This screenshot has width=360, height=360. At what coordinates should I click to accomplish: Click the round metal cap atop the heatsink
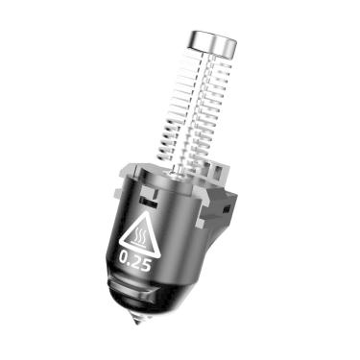coord(213,43)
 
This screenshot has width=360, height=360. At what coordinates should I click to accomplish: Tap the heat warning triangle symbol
coord(140,234)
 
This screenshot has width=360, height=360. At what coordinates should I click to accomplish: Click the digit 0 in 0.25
coord(124,257)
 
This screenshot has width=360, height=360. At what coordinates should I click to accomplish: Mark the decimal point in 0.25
coord(130,263)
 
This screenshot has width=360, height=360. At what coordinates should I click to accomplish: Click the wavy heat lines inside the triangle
coord(139,236)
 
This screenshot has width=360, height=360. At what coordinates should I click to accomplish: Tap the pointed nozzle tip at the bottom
coord(138,319)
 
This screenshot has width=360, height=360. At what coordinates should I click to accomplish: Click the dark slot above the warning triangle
coord(149,203)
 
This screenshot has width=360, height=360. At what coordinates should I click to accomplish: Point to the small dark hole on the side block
coord(227,209)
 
